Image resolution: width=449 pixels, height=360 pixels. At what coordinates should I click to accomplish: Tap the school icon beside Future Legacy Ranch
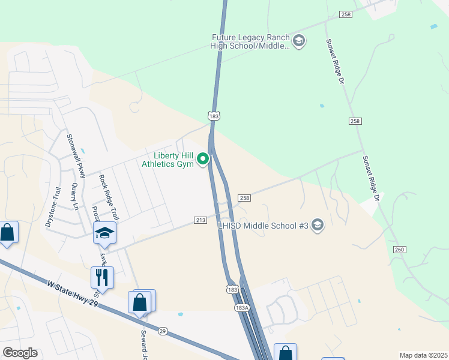coord(299,41)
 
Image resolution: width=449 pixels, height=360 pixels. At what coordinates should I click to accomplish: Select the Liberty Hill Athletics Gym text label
coord(168,159)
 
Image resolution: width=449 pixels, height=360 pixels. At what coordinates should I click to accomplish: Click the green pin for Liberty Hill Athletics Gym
coord(203,159)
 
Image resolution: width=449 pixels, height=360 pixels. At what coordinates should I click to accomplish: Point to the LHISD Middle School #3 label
coord(262,226)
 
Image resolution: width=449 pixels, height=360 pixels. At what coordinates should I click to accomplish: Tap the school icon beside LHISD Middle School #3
coord(317,226)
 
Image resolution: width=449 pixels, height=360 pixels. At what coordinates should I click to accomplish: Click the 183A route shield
coord(241,307)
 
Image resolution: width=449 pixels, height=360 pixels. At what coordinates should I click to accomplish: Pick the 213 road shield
coord(200,220)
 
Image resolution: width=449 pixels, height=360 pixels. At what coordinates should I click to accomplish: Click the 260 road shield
coord(400,249)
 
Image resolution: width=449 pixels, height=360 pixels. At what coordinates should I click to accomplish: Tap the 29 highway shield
coord(163,331)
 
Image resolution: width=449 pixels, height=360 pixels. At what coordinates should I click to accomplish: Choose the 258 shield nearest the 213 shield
coord(244,197)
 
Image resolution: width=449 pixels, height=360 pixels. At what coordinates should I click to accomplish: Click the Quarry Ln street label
coord(76,196)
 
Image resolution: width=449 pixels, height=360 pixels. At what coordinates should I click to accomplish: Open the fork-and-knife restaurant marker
coord(102,278)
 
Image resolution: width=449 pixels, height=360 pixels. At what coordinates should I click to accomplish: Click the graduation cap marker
coord(105,233)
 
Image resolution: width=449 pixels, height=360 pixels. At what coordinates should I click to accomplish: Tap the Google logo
coord(20,352)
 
